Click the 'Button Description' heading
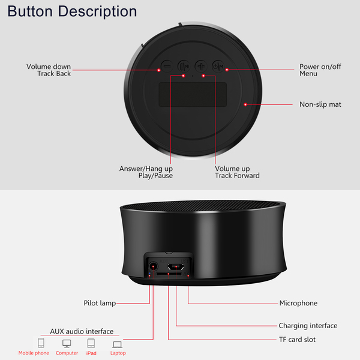(x=72, y=11)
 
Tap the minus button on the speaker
(x=167, y=67)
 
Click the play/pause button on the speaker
(x=184, y=67)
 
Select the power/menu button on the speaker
(x=218, y=67)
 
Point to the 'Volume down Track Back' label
(x=49, y=70)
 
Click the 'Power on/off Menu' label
(x=320, y=70)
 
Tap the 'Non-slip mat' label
(x=320, y=104)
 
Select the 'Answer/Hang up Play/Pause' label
(x=146, y=172)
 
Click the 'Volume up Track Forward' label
(x=237, y=172)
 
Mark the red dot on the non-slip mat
(x=245, y=104)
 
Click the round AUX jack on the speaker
(x=153, y=266)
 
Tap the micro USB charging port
(x=176, y=267)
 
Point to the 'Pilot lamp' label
(x=100, y=303)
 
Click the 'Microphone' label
(x=298, y=303)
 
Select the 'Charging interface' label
(x=308, y=326)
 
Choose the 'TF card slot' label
(x=297, y=340)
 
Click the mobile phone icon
(x=41, y=343)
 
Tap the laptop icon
(x=118, y=344)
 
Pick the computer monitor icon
(x=67, y=343)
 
